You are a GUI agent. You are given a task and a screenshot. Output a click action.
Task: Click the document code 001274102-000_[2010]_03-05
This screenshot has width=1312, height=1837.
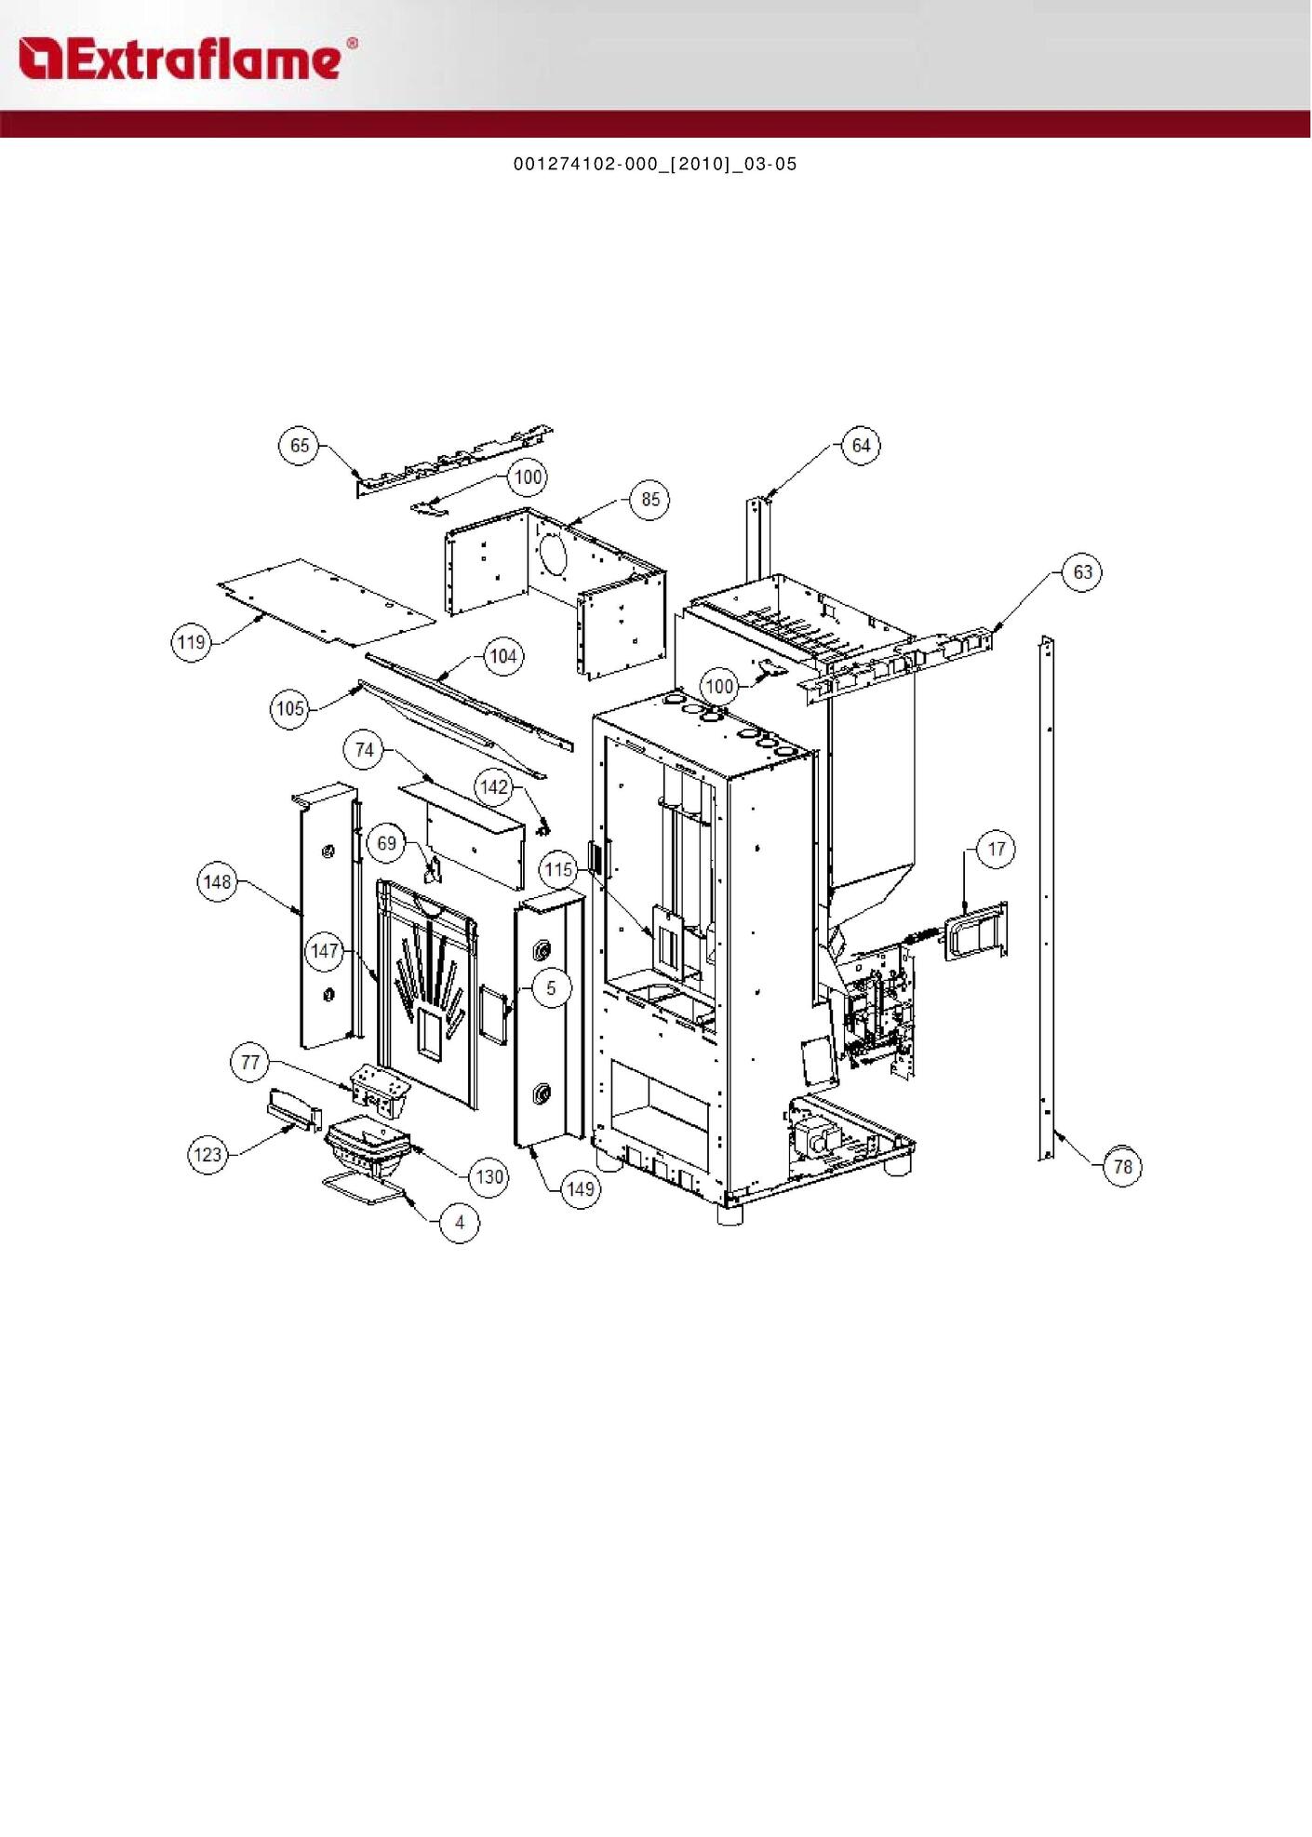[x=655, y=165]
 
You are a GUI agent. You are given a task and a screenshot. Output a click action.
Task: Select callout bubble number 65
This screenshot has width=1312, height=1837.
[x=300, y=445]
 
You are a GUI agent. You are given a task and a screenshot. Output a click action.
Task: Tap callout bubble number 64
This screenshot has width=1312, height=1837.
[x=862, y=445]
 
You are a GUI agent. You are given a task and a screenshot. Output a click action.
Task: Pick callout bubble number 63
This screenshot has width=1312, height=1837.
[x=1083, y=571]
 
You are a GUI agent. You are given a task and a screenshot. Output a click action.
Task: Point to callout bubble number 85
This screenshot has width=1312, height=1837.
[x=650, y=500]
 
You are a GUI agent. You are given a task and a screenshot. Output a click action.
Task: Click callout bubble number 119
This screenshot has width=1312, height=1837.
[x=192, y=642]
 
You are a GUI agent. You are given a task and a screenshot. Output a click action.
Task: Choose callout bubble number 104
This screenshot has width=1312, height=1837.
[x=503, y=656]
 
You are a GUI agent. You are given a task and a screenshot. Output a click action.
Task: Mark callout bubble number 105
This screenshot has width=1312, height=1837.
[x=290, y=709]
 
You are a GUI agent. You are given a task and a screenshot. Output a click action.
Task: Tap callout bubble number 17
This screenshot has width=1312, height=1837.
[x=997, y=849]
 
